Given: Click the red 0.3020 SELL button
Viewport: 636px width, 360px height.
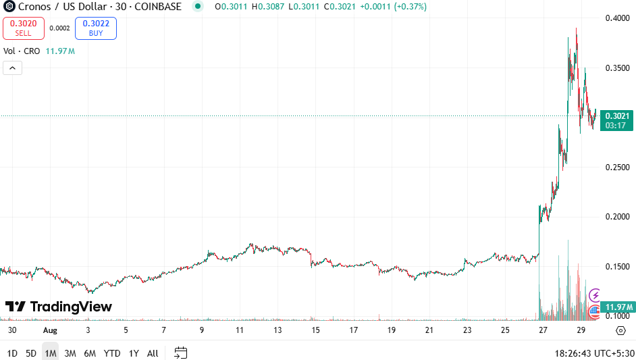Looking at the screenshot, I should point(23,28).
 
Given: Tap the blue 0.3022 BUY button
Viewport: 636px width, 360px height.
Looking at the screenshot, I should point(96,28).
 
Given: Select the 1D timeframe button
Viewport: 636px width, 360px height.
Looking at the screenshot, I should point(13,353).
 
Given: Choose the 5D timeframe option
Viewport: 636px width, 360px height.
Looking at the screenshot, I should point(31,353).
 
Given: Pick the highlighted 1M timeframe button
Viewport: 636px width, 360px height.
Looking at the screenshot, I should point(51,353).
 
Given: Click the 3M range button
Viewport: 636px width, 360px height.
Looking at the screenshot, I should point(70,353).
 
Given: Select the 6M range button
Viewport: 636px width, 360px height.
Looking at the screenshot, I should point(90,353).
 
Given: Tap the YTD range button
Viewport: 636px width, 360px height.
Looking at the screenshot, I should point(112,353).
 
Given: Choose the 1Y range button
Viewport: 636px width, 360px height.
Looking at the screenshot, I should point(134,353).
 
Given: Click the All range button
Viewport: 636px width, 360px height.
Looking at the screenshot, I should point(153,353).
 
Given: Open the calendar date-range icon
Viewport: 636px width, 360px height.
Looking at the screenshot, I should point(180,353).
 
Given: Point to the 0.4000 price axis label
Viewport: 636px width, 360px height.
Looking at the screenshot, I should point(617,18).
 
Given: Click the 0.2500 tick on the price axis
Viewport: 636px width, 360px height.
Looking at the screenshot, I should point(617,167).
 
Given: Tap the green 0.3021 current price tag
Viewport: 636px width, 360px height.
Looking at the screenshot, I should point(617,120).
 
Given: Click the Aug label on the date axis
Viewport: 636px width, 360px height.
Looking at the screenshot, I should point(51,330).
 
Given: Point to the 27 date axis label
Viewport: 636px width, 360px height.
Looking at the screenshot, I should point(543,330).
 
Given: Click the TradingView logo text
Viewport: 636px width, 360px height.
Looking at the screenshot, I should point(59,307).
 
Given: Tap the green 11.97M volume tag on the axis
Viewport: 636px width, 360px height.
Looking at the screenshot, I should point(617,307).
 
